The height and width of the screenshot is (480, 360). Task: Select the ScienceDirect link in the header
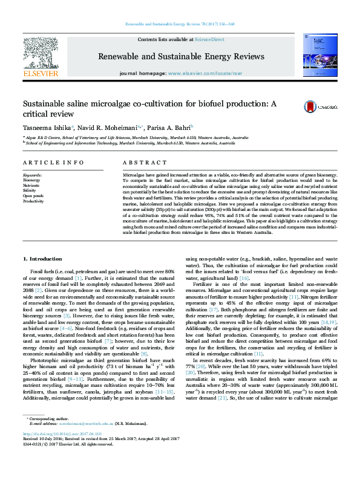[x=208, y=39]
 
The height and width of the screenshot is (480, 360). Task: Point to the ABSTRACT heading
[x=140, y=163]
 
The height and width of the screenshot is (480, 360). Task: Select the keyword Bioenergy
[x=31, y=180]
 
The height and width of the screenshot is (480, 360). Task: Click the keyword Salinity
[x=30, y=190]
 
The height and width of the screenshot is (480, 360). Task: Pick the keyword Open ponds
[x=33, y=196]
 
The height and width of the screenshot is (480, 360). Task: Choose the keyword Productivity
[x=33, y=201]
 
